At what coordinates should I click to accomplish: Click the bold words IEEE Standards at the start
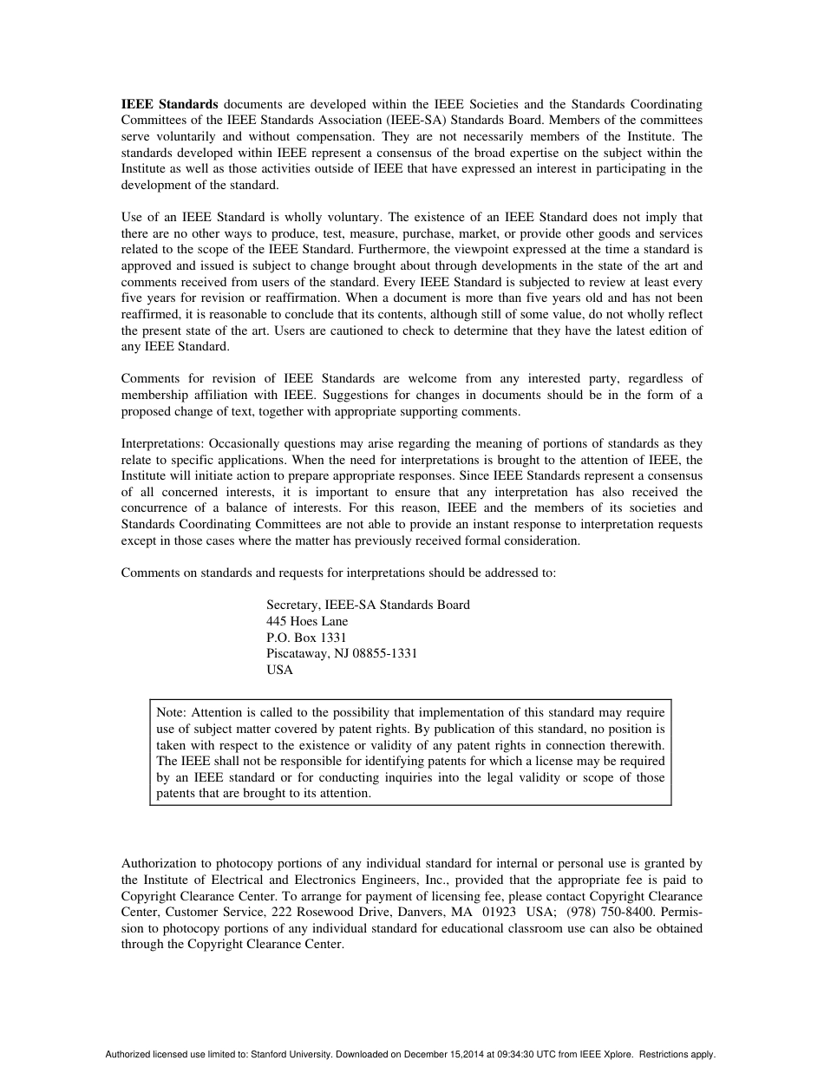click(169, 104)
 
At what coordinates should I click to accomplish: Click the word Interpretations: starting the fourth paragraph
click(163, 443)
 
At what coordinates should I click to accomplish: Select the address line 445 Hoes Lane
click(307, 621)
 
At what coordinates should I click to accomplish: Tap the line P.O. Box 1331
click(306, 638)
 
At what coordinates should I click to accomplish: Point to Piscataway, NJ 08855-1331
click(342, 653)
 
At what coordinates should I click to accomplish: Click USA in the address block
click(279, 670)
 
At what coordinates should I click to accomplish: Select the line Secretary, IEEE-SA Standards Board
click(368, 605)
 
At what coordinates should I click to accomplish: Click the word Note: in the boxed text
click(172, 712)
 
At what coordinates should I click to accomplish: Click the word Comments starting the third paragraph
click(150, 378)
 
